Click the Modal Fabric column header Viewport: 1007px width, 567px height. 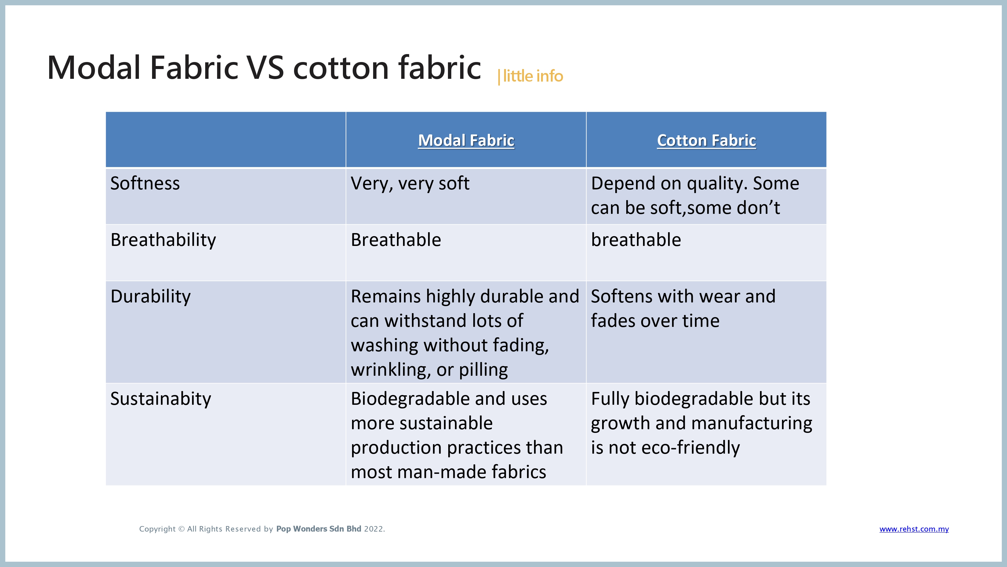tap(466, 141)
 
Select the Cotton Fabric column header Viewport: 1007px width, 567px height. tap(706, 141)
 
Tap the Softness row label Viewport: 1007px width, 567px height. tap(145, 183)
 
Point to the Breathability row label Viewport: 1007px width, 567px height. tap(163, 240)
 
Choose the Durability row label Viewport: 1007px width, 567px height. tap(151, 296)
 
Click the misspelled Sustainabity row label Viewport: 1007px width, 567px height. tap(161, 399)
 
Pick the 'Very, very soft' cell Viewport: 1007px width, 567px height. tap(410, 183)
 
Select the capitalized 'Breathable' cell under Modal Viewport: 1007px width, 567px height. tap(396, 240)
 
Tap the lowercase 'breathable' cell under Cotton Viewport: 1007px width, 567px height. tap(636, 240)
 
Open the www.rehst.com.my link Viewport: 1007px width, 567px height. tap(914, 529)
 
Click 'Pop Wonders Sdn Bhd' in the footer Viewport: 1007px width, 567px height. tap(318, 529)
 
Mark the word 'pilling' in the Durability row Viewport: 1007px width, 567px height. tap(484, 370)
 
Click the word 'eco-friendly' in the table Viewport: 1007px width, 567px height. tap(691, 448)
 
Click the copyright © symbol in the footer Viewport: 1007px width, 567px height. tap(181, 529)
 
